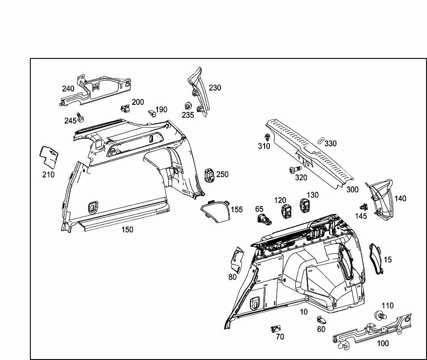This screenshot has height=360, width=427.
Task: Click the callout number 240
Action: (68, 88)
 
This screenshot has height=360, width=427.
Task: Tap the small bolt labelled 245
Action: (80, 117)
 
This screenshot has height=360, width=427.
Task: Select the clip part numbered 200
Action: (125, 108)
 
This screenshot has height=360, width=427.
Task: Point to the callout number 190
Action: (161, 109)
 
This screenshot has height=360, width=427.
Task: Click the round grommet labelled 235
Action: (188, 106)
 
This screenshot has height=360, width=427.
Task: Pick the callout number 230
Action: (215, 88)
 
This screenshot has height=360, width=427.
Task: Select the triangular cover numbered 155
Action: (216, 211)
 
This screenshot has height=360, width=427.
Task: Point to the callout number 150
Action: (127, 230)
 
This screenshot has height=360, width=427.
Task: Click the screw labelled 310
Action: (267, 137)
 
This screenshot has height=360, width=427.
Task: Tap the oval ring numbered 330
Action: (321, 140)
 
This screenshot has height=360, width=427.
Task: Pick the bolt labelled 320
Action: (295, 170)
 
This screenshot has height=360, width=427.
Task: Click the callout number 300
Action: (352, 190)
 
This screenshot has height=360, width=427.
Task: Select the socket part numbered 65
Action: (264, 219)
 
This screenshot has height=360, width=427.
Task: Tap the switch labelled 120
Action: (286, 211)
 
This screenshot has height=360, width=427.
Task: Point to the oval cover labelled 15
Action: (376, 259)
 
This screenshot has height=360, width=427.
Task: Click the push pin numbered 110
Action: (381, 315)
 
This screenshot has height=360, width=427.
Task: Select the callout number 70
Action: (280, 337)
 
